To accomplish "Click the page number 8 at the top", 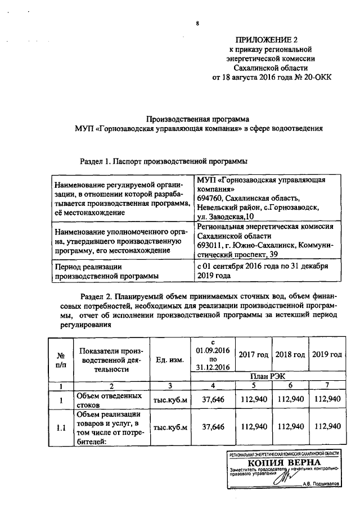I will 197,23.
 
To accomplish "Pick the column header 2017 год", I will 253,355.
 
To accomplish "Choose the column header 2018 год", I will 290,355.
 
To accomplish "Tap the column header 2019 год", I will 328,355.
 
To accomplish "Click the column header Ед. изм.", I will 169,360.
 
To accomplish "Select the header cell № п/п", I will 60,360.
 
